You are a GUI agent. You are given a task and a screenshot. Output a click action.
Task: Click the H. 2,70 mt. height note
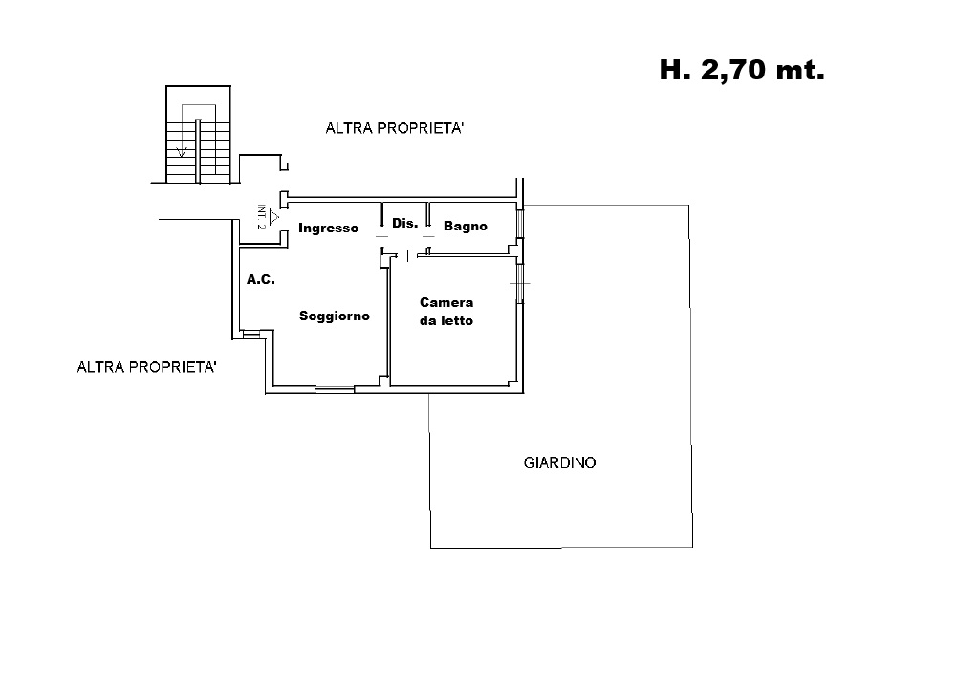[742, 70]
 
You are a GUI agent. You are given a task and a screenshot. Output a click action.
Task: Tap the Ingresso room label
[328, 229]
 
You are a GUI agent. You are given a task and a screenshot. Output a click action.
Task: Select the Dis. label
[404, 223]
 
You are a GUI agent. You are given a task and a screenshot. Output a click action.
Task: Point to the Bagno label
[466, 227]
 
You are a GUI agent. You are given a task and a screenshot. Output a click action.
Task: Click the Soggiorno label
[334, 316]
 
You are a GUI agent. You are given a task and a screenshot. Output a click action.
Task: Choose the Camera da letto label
[446, 312]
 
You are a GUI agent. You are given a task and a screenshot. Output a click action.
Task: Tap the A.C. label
[260, 279]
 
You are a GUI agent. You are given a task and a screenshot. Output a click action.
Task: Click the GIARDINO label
[559, 462]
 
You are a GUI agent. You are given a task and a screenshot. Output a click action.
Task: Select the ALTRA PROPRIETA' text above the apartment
[395, 128]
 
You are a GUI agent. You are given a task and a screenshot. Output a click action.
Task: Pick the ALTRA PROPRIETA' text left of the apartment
[146, 367]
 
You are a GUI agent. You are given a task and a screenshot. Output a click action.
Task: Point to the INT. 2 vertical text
[262, 216]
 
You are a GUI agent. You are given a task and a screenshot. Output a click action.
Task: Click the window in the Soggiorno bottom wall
[335, 389]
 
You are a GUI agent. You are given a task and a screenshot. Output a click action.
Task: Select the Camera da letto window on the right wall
[520, 284]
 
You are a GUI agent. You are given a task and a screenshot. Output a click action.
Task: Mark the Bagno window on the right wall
[520, 224]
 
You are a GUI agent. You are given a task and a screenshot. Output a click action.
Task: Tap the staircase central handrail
[198, 151]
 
